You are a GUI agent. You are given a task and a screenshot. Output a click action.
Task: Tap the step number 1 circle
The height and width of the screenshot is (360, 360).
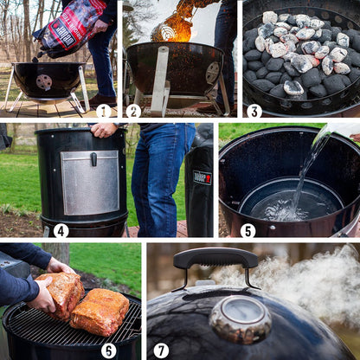pyautogui.click(x=104, y=111)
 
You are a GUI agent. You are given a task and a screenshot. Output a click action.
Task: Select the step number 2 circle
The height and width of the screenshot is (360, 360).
pyautogui.click(x=132, y=111)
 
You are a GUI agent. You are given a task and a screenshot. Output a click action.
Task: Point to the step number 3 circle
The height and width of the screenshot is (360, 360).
pyautogui.click(x=254, y=111)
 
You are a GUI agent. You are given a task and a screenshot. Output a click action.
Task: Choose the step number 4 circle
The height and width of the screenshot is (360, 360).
pyautogui.click(x=61, y=230)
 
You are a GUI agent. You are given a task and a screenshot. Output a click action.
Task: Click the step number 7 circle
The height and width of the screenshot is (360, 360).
pyautogui.click(x=161, y=350)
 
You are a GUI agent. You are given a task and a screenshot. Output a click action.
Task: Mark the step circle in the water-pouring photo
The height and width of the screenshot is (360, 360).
pyautogui.click(x=247, y=230)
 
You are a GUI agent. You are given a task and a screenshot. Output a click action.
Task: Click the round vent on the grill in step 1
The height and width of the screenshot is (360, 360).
pyautogui.click(x=43, y=82)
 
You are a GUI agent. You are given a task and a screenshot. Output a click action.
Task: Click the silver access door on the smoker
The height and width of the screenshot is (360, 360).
pyautogui.click(x=90, y=182)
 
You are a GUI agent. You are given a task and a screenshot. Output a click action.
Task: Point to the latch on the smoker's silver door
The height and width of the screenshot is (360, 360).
pyautogui.click(x=93, y=159)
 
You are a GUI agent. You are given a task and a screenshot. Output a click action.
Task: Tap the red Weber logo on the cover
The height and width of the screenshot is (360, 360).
pyautogui.click(x=205, y=177)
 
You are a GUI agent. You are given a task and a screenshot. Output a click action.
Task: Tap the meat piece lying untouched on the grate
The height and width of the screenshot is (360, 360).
pyautogui.click(x=100, y=312)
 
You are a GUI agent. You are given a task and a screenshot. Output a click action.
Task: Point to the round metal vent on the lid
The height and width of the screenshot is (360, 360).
pyautogui.click(x=240, y=318)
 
